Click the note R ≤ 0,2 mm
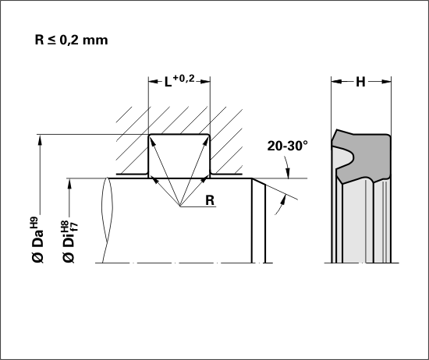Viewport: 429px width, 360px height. point(71,40)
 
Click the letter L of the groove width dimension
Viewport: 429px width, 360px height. point(168,82)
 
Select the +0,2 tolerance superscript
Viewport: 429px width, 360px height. point(183,79)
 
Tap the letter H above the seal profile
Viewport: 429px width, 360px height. point(360,82)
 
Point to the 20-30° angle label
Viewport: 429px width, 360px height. point(287,146)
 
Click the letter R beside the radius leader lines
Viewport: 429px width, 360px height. point(210,200)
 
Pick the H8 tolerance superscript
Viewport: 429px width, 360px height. point(65,227)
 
